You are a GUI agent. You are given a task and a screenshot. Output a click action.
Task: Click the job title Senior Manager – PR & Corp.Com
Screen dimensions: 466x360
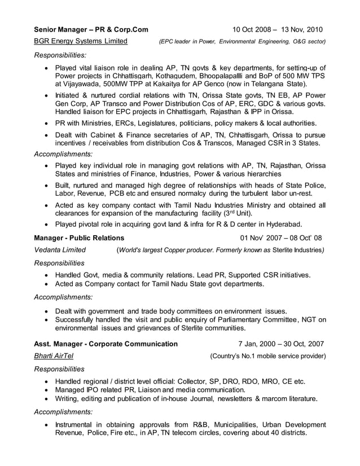click(x=91, y=29)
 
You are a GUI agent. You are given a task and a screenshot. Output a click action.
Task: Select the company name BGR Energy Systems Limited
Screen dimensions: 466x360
click(x=81, y=41)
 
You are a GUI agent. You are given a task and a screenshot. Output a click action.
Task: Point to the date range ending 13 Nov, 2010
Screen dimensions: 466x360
click(x=278, y=29)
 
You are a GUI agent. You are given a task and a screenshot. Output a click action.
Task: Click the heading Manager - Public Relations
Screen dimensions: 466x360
click(x=79, y=238)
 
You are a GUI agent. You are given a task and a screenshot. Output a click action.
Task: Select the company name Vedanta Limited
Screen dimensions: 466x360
click(x=60, y=250)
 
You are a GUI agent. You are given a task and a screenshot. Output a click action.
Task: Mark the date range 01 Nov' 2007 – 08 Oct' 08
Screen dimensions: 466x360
click(x=281, y=238)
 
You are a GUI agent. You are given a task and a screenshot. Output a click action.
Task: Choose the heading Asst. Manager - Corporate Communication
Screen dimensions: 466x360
click(x=106, y=343)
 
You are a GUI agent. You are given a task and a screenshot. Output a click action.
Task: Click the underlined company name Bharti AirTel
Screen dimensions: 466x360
click(x=54, y=356)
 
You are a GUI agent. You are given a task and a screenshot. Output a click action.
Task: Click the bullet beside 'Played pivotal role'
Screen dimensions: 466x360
click(x=46, y=223)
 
